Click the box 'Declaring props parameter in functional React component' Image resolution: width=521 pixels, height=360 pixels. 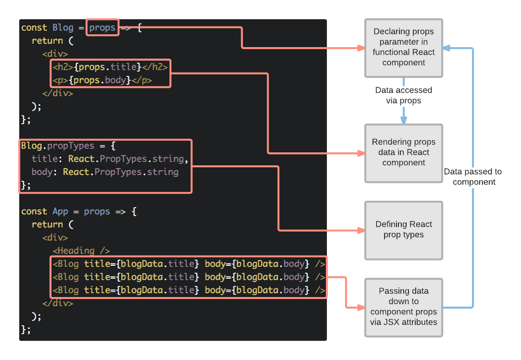pos(403,48)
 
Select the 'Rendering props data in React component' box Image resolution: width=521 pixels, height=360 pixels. pos(403,153)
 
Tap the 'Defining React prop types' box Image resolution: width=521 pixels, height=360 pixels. pos(403,230)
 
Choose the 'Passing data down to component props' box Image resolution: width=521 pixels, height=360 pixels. pos(403,307)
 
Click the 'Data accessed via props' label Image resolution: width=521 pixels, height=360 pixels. pos(403,96)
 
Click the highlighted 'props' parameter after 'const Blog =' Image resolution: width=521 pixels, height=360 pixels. pos(102,28)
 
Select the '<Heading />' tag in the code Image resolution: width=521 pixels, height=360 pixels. pos(81,250)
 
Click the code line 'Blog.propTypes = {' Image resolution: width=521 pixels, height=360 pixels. pos(68,146)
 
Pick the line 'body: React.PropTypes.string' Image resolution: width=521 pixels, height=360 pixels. pos(105,172)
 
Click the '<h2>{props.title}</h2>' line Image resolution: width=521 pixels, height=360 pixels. pos(110,67)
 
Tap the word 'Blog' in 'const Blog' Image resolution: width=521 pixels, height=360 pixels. pos(63,28)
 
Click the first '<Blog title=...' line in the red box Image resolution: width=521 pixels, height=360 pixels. pos(189,264)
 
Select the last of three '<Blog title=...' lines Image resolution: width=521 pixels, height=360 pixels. pos(189,290)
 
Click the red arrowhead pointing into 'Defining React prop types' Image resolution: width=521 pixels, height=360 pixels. pos(361,230)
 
